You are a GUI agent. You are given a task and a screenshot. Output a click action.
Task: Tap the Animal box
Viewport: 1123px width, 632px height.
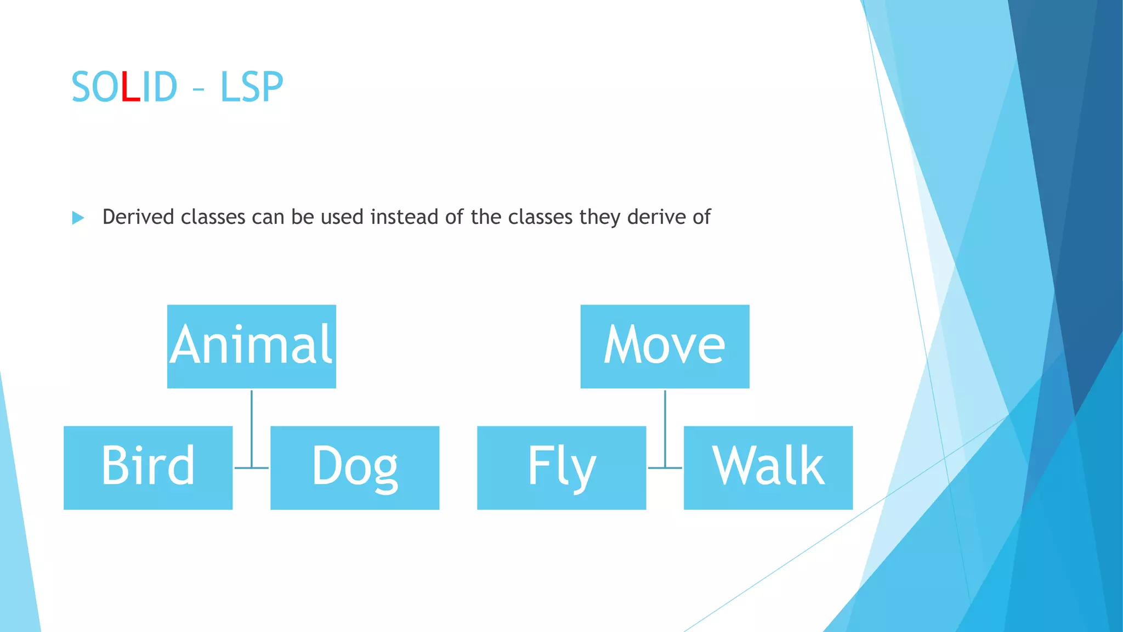pos(251,346)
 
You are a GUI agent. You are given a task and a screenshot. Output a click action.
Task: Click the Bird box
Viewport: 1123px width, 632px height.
pos(148,467)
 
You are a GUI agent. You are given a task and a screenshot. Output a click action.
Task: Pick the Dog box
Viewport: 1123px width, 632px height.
pos(355,467)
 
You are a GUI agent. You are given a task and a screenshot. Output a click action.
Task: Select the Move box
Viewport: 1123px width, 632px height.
pos(665,346)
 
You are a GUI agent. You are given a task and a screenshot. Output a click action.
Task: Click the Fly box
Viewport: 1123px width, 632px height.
pos(561,467)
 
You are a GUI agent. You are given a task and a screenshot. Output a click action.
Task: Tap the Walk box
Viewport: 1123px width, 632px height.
pos(768,467)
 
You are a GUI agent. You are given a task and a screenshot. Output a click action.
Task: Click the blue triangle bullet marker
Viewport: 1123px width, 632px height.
pos(78,218)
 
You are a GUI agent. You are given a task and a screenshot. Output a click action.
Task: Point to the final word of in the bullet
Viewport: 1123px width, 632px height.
pos(701,217)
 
